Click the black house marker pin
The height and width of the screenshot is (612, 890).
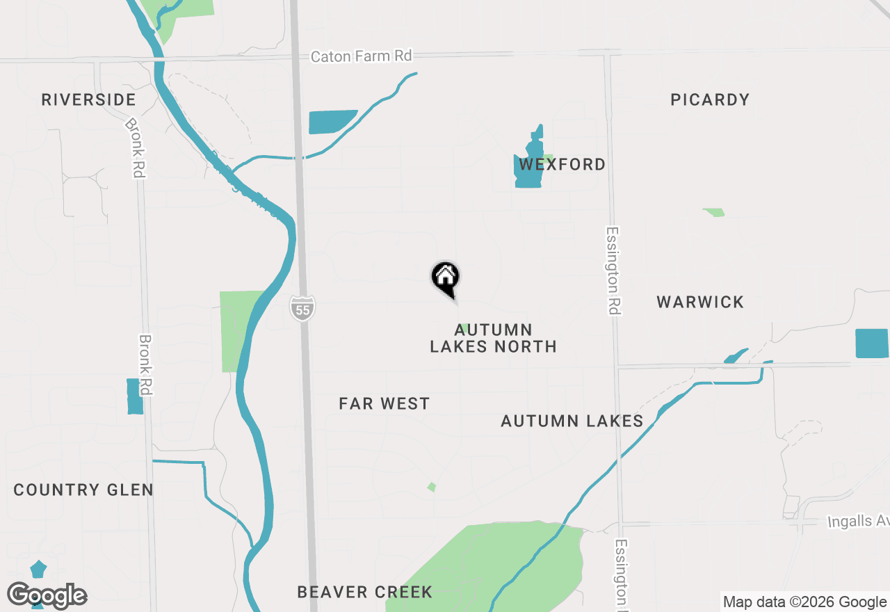pyautogui.click(x=446, y=278)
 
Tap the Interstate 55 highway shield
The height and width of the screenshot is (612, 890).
pyautogui.click(x=302, y=308)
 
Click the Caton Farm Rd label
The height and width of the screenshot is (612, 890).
pyautogui.click(x=361, y=56)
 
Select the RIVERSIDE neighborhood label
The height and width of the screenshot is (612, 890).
pyautogui.click(x=88, y=99)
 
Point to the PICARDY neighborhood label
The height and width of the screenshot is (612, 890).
pyautogui.click(x=710, y=99)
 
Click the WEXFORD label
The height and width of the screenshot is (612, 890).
pyautogui.click(x=563, y=165)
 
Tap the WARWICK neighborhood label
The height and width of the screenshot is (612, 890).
pyautogui.click(x=700, y=302)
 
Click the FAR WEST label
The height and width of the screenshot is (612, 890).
pyautogui.click(x=385, y=403)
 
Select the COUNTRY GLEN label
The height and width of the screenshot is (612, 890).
pyautogui.click(x=83, y=490)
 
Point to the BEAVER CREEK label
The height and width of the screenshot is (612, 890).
pyautogui.click(x=364, y=592)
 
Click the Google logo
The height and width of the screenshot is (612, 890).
pyautogui.click(x=47, y=595)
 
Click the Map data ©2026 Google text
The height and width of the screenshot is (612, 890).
pyautogui.click(x=804, y=602)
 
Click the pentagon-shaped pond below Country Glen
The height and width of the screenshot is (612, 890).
pyautogui.click(x=38, y=570)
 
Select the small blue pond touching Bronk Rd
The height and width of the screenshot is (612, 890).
pyautogui.click(x=135, y=396)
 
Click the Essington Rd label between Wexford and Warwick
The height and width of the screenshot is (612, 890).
pyautogui.click(x=613, y=270)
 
